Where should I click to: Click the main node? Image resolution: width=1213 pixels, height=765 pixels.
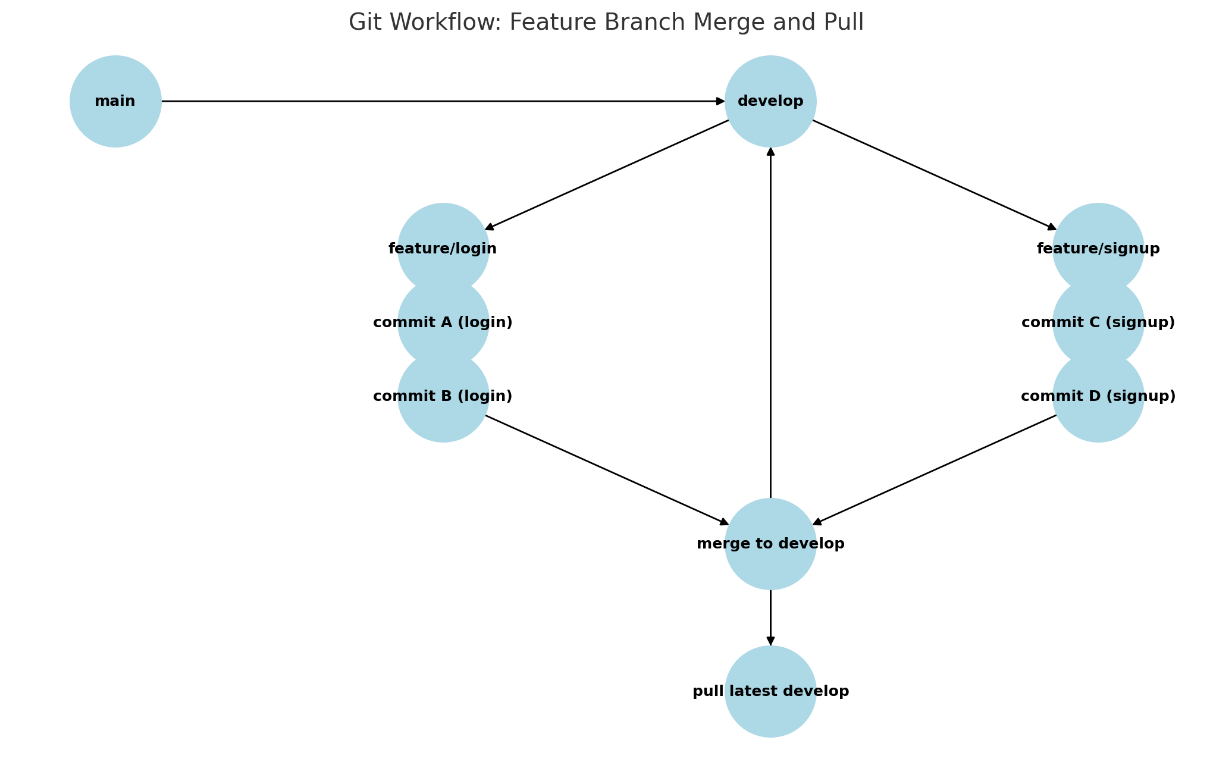[115, 101]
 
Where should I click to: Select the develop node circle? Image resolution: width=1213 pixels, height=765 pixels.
[770, 101]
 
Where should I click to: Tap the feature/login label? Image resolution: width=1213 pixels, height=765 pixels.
[443, 249]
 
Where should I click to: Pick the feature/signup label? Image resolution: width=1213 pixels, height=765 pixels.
[1098, 249]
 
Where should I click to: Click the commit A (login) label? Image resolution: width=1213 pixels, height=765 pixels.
[443, 322]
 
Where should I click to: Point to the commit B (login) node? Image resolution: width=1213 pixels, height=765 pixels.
[443, 397]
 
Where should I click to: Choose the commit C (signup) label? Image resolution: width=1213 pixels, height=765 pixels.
[1098, 322]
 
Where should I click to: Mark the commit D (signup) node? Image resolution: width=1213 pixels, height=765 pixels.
[1098, 397]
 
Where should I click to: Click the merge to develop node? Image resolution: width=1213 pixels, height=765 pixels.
[770, 544]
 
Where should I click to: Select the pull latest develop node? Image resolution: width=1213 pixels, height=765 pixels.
[770, 691]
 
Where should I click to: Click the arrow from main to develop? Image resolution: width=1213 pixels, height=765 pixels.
[440, 101]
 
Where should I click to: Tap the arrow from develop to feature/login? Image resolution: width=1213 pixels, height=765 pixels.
[607, 175]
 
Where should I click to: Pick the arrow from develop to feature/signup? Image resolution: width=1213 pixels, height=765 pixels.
[934, 175]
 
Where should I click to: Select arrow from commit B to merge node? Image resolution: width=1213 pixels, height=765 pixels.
[607, 470]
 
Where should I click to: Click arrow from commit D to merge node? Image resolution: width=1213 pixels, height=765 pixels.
[934, 470]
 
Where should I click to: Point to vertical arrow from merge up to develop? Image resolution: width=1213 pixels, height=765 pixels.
[770, 321]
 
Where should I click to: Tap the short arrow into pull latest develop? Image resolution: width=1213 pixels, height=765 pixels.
[770, 617]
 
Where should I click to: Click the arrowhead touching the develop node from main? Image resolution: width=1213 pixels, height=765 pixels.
[720, 101]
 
